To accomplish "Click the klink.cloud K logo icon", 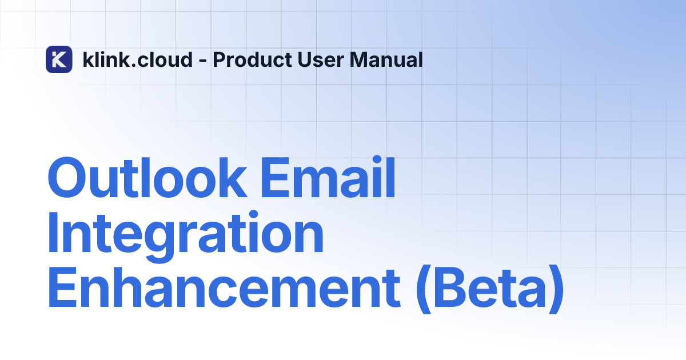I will (59, 59).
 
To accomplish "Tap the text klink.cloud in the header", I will (137, 59).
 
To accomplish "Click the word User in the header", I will (314, 59).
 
